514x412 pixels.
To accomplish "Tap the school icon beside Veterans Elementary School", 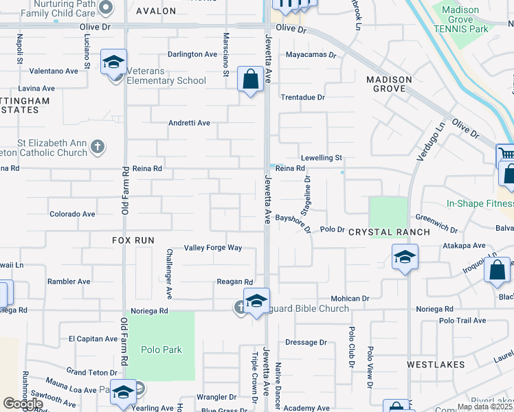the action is click(112, 63).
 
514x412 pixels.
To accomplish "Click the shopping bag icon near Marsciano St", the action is click(251, 79).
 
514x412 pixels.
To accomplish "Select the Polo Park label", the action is click(162, 350).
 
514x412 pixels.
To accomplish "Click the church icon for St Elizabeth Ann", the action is click(99, 146).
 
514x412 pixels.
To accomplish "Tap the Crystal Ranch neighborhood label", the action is click(389, 232).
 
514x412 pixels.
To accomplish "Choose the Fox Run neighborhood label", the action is click(133, 240).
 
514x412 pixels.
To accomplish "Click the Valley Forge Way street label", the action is click(213, 248).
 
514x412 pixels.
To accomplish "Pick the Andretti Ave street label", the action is click(190, 124).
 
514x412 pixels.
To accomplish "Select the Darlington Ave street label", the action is click(192, 55).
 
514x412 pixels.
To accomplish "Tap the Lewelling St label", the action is click(321, 158).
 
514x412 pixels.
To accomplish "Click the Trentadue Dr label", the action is click(302, 98).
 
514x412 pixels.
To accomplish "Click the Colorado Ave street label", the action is click(72, 214).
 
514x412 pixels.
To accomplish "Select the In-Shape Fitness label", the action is click(480, 203).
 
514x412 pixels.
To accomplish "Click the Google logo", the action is click(23, 404).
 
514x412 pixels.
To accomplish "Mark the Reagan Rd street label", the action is click(235, 282).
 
